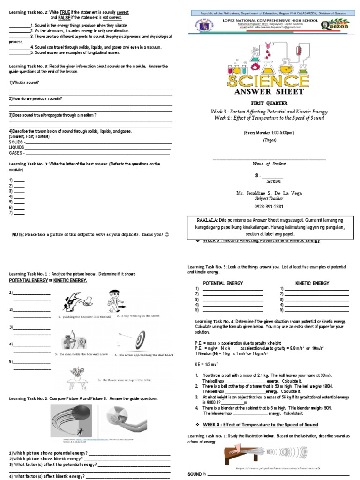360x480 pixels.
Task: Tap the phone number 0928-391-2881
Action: coord(269,206)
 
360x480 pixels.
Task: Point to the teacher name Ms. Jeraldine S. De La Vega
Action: coord(269,193)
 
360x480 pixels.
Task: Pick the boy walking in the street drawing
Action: coord(112,300)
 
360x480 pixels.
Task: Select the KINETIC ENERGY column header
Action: coord(312,283)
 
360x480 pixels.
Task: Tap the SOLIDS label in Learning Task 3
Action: coord(17,142)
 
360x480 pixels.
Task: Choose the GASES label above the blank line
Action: coord(16,152)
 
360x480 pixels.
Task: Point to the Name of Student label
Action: coord(269,164)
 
